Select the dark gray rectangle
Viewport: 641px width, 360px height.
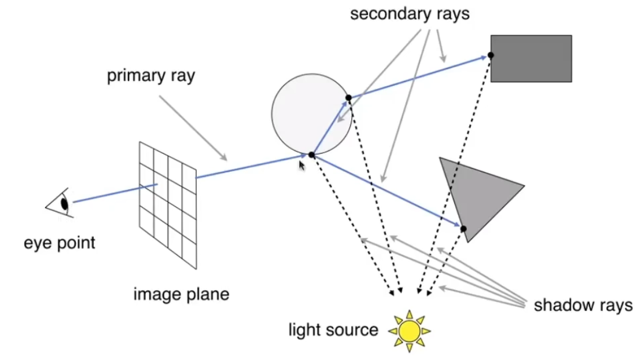(531, 58)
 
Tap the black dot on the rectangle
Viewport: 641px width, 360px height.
(491, 56)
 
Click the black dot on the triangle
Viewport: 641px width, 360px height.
(463, 229)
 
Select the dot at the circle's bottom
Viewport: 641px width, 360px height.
(311, 155)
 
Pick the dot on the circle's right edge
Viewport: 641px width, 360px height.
(348, 97)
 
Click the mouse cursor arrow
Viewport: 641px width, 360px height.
(301, 166)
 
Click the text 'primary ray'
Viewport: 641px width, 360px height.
(151, 76)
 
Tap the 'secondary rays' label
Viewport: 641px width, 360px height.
(410, 13)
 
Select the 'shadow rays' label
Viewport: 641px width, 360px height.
(583, 305)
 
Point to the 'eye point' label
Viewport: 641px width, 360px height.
(60, 242)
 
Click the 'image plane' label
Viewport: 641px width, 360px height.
(181, 294)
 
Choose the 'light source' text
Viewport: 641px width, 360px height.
(333, 330)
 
